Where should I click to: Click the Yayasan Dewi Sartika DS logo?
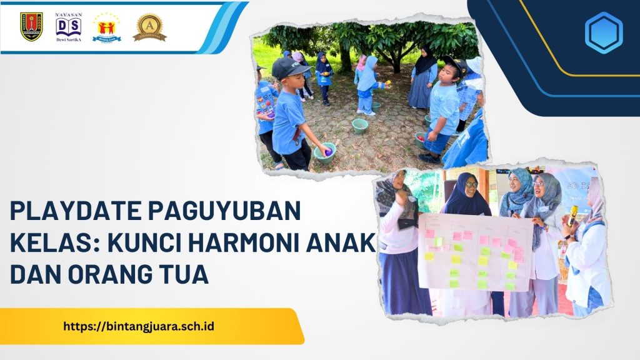(68, 26)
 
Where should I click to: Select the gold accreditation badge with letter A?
(149, 27)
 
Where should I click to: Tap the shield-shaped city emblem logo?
(31, 26)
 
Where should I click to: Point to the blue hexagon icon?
(603, 32)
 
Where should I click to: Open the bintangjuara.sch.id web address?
(139, 326)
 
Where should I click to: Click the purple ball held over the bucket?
(327, 151)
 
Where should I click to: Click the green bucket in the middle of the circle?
(360, 126)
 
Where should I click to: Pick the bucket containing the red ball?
(421, 139)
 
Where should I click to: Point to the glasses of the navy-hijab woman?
(470, 184)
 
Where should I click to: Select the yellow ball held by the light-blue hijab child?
(386, 82)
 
